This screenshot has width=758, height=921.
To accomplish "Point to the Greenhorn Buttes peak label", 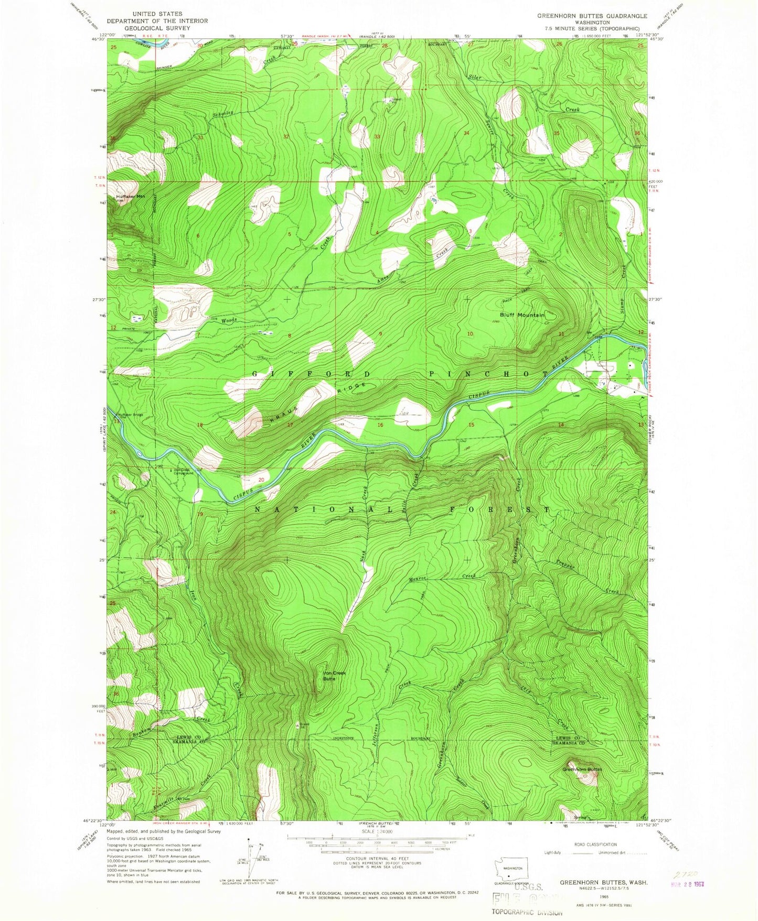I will click(582, 770).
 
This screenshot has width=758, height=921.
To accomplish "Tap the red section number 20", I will click(261, 480).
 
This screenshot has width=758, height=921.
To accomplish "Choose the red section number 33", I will click(377, 137).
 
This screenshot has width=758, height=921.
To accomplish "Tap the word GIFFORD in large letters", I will click(312, 374).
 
